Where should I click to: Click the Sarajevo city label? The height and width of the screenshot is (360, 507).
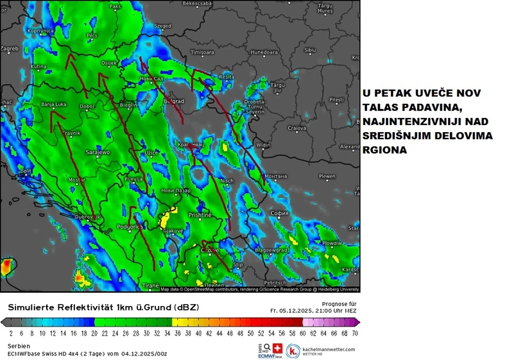click(x=98, y=152)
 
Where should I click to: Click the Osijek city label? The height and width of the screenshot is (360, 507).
click(x=110, y=63)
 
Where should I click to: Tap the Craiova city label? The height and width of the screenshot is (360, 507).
click(x=296, y=128)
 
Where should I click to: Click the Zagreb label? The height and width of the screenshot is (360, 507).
click(x=10, y=48)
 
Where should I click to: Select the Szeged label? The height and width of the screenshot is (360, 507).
click(x=163, y=26)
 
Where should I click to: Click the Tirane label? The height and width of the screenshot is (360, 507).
click(x=150, y=285)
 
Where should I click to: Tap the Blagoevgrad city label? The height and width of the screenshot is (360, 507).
click(x=270, y=250)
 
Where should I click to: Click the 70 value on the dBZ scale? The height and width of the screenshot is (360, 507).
click(x=355, y=334)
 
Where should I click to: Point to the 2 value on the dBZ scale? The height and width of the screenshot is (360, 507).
click(x=11, y=334)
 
